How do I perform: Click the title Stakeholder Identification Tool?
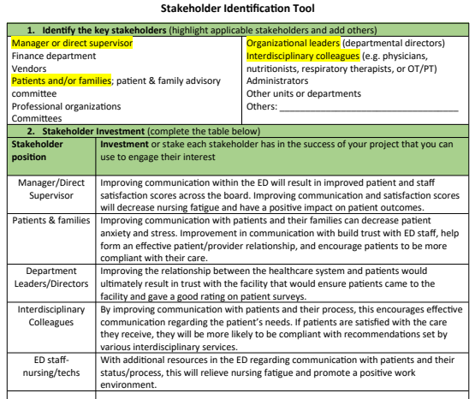tap(237, 9)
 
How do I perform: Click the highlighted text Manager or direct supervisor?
tap(71, 43)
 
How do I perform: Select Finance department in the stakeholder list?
tap(56, 56)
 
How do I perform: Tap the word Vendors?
tap(30, 68)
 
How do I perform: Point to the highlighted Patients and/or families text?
tap(61, 80)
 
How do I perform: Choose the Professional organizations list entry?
tap(66, 106)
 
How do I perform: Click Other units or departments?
tap(303, 93)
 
